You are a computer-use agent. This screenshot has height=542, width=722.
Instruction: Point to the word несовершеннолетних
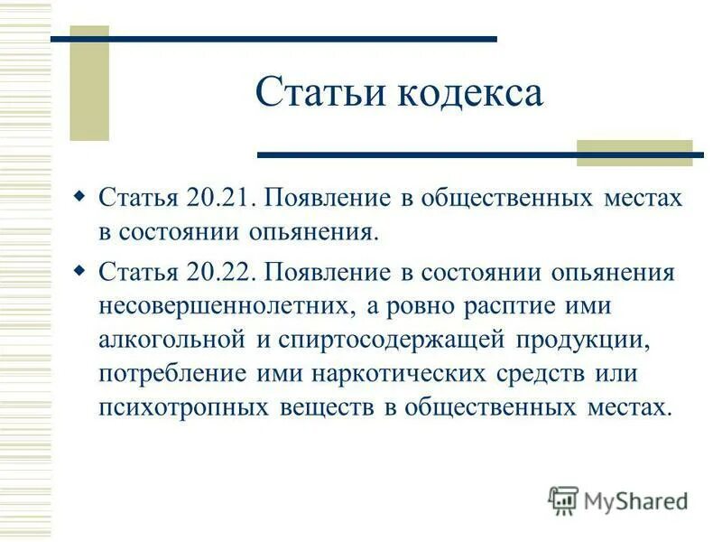pos(227,305)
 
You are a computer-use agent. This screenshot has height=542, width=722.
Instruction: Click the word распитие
pos(505,305)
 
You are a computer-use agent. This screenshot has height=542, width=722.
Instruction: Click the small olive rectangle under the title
pos(634,153)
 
